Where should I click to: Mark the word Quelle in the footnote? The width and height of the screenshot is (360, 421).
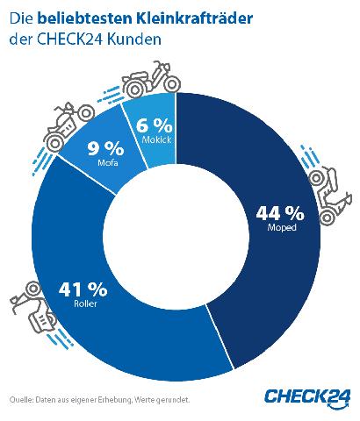(x=19, y=400)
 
